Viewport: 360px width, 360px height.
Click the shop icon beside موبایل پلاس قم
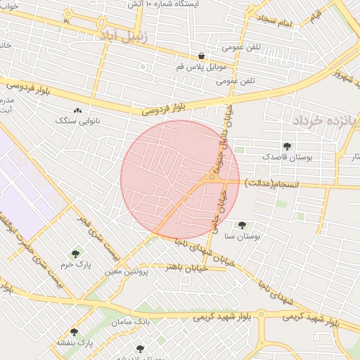pos(202,56)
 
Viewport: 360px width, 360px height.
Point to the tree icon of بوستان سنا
pos(242,226)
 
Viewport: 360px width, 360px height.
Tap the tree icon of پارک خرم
pos(75,254)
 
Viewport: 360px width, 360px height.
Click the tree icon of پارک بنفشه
pos(74,332)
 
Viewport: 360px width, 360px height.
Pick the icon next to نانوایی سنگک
pos(77,110)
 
